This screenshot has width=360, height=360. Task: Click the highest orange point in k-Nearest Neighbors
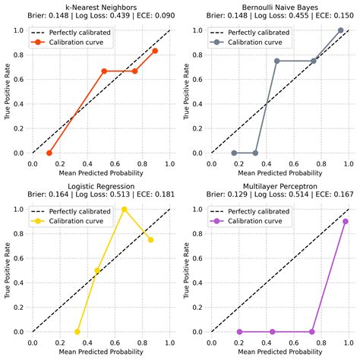click(x=155, y=51)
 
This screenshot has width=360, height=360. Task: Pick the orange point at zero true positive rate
click(x=49, y=153)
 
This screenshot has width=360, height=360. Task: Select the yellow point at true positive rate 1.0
click(x=125, y=209)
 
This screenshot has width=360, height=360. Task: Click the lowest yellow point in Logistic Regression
click(x=77, y=332)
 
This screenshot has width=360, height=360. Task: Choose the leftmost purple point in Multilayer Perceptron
click(x=238, y=332)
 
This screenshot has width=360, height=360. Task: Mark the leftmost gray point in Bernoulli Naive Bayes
click(x=234, y=153)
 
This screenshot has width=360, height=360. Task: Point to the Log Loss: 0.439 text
click(x=100, y=16)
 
